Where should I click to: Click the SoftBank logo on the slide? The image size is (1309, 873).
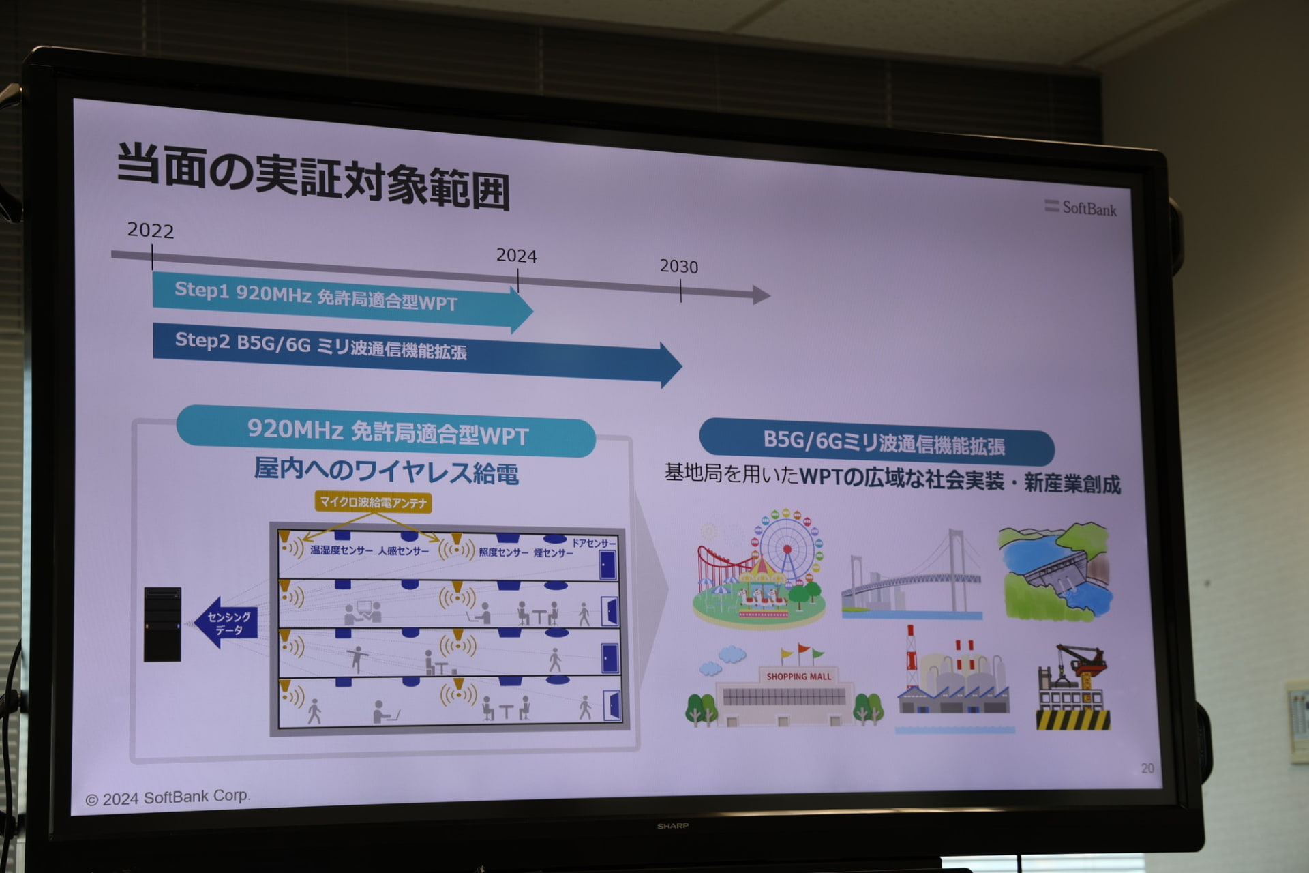(x=1081, y=207)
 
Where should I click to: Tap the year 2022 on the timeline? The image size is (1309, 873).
(x=151, y=231)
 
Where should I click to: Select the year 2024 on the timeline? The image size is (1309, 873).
(x=516, y=256)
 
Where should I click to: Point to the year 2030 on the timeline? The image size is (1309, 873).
(x=679, y=267)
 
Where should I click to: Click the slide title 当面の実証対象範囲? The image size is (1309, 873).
(x=314, y=176)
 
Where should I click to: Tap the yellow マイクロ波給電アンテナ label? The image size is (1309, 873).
(x=374, y=503)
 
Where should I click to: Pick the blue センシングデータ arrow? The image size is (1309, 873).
(x=226, y=622)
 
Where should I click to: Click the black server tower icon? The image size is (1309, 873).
(x=162, y=624)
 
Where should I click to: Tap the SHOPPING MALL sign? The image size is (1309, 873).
(x=799, y=677)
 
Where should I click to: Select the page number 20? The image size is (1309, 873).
(x=1147, y=768)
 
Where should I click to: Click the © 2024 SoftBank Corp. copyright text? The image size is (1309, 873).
(x=168, y=797)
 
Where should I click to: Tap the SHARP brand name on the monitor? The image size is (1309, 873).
(x=672, y=826)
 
